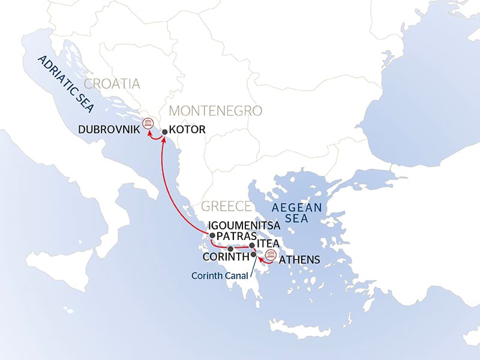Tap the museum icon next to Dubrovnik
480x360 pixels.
coord(147,124)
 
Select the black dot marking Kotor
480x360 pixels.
coord(164,131)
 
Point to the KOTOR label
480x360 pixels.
coord(187,129)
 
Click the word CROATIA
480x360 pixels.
coord(112,84)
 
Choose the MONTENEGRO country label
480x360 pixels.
coord(216,111)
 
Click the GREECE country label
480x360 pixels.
coord(226,206)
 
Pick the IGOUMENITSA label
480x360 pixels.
coord(244,224)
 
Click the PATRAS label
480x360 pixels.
coord(236,236)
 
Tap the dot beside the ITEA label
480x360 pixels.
coord(252,245)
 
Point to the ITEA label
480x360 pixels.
coord(268,245)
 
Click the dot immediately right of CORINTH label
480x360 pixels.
coord(253,255)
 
